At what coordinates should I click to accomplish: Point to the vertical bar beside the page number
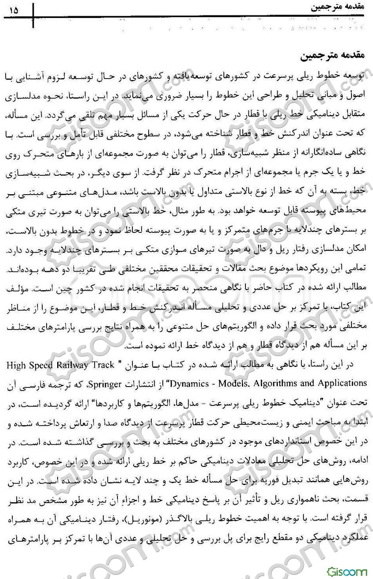33,14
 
